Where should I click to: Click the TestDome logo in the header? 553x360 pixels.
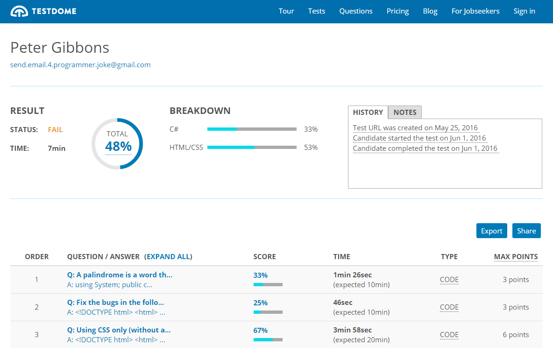(43, 11)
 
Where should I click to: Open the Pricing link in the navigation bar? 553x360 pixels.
(397, 11)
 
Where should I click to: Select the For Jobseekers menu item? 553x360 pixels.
(475, 11)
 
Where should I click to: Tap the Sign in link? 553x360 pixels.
(524, 11)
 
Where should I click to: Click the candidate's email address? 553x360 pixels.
(80, 65)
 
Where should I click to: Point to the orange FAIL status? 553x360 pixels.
(55, 130)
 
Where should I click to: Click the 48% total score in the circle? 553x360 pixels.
(118, 147)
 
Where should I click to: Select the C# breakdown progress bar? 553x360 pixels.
(252, 129)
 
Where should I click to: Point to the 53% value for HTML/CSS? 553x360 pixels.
(311, 148)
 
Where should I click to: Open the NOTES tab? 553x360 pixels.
(405, 113)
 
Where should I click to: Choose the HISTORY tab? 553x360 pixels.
(368, 113)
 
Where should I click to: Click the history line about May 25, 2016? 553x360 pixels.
(415, 128)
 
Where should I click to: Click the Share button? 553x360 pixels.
(526, 231)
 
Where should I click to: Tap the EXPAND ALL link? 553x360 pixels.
(168, 257)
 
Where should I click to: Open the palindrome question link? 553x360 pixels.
(120, 275)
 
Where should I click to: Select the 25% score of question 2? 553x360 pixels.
(261, 303)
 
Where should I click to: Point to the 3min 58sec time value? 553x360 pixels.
(353, 330)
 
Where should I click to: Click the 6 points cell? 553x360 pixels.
(516, 335)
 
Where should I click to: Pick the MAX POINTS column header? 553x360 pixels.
(516, 257)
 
